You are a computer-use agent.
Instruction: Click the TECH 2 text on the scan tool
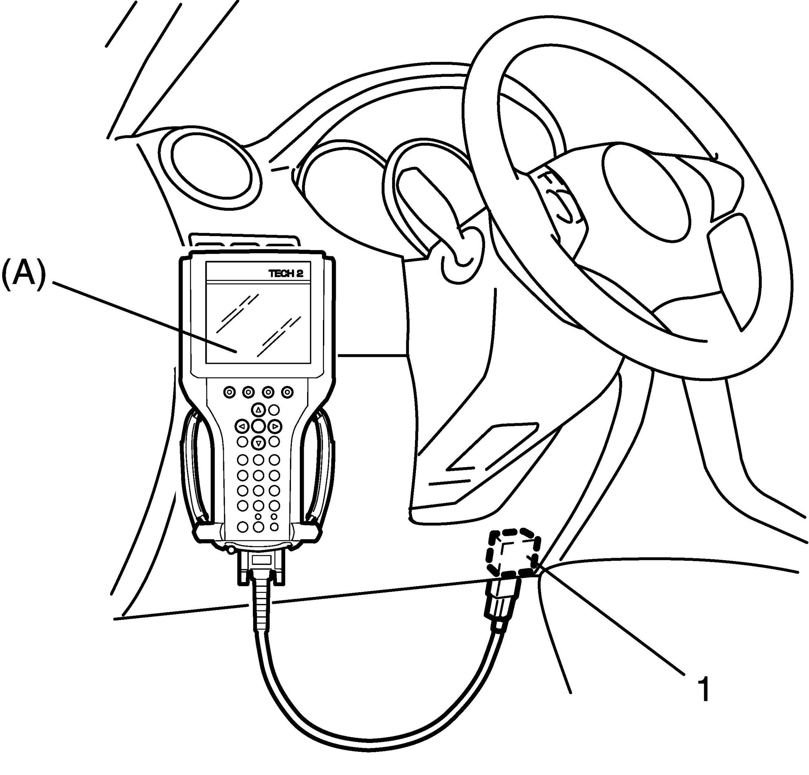click(x=289, y=273)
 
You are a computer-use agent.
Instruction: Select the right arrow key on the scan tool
click(x=274, y=426)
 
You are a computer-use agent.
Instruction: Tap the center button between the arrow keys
click(x=259, y=426)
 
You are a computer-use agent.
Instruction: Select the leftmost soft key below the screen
click(x=230, y=392)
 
